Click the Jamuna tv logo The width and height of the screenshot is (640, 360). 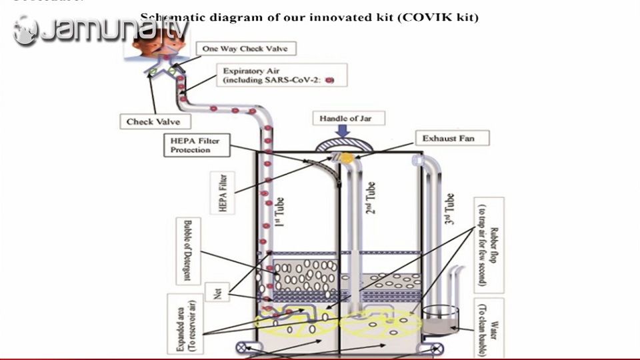click(100, 30)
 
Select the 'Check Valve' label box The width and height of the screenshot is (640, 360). click(153, 121)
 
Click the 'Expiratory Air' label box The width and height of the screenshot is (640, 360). click(275, 75)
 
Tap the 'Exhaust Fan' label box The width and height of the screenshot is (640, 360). click(453, 139)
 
